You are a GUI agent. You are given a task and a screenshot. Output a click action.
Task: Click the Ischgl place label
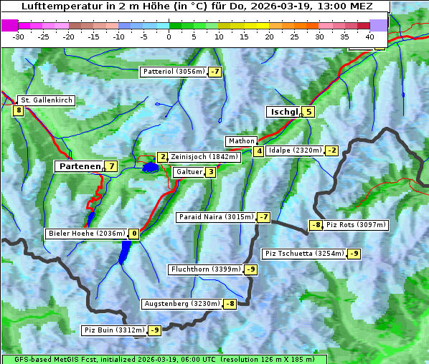[x=283, y=112]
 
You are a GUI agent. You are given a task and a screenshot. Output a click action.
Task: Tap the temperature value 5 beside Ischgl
[x=308, y=111]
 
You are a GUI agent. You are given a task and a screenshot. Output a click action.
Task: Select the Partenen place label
[x=80, y=166]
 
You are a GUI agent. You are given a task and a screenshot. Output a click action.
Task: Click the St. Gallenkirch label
[x=47, y=100]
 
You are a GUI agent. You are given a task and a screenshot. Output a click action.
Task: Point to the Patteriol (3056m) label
[x=174, y=72]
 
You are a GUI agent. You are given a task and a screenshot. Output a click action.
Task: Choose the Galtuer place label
[x=189, y=172]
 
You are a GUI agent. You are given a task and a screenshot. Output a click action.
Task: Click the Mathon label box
[x=240, y=141]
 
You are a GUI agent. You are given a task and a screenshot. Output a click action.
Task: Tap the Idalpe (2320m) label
[x=294, y=150]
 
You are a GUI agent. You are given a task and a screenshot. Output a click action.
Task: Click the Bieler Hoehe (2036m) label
[x=86, y=234]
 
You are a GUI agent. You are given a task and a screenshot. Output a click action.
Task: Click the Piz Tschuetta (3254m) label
[x=304, y=254]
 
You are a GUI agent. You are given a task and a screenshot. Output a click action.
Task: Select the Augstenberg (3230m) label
[x=181, y=304]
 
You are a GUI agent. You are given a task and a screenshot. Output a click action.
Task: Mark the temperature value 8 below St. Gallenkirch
[x=18, y=110]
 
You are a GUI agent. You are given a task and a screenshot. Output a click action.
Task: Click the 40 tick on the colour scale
[x=369, y=36]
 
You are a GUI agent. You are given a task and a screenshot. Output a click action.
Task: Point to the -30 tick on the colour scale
[x=19, y=36]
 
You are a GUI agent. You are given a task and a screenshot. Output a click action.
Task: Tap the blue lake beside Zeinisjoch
[x=150, y=168]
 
